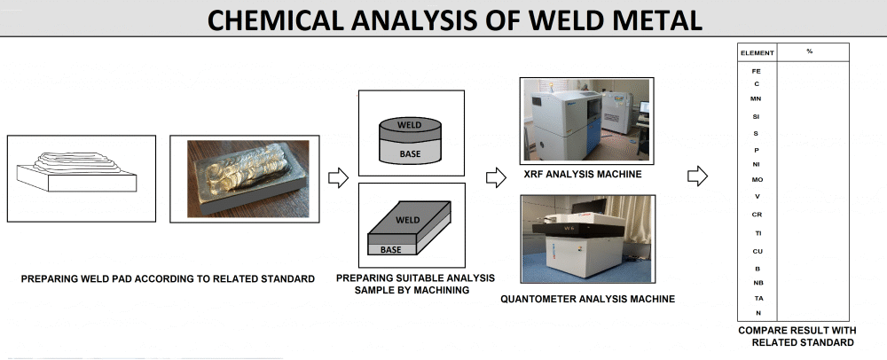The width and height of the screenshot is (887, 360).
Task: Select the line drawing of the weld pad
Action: (82, 177)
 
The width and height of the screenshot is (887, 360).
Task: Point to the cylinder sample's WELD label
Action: (410, 125)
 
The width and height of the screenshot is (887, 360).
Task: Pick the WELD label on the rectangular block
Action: (407, 219)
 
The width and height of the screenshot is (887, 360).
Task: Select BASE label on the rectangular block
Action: (390, 250)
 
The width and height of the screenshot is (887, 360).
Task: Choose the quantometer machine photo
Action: (585, 240)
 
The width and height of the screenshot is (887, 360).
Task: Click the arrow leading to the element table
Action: (698, 176)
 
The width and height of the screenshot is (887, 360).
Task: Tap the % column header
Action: (810, 51)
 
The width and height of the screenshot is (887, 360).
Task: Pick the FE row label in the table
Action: (757, 69)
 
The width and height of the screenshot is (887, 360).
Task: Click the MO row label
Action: (757, 180)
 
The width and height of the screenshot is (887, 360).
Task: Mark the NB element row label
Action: (757, 283)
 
